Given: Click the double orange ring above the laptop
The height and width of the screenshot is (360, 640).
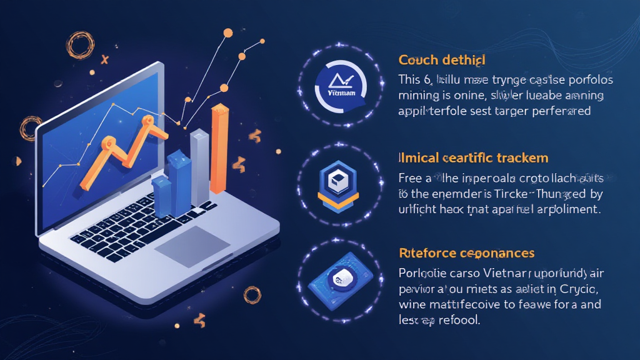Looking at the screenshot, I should click(x=80, y=45).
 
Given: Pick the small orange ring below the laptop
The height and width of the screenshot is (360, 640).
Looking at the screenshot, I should click(x=252, y=294).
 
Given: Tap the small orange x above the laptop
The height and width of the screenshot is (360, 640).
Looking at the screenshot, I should click(x=105, y=60).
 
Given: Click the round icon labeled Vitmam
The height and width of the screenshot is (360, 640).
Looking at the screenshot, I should click(x=341, y=85).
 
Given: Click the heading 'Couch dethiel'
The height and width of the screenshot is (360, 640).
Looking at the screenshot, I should click(x=442, y=61).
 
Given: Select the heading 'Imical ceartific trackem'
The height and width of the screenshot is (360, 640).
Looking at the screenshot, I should click(x=473, y=157).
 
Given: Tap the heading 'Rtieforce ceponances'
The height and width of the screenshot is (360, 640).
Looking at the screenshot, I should click(x=466, y=253).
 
